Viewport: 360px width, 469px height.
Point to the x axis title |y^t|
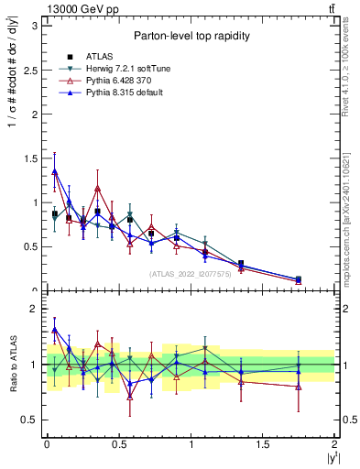click(x=331, y=457)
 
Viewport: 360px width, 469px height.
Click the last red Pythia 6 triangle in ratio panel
click(x=299, y=387)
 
